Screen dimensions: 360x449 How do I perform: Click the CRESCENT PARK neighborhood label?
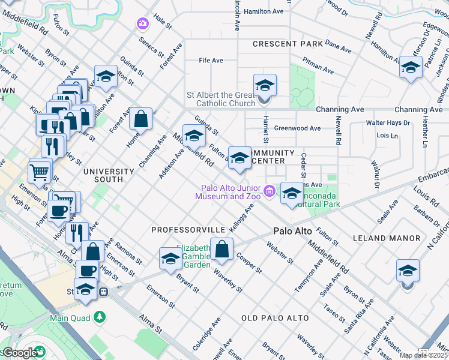[x=288, y=44]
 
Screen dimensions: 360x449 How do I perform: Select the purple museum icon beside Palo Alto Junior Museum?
[x=270, y=191]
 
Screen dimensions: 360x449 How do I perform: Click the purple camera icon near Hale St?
[x=143, y=23]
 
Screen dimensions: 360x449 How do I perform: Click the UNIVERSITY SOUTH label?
[x=103, y=175]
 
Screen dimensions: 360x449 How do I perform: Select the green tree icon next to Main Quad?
[x=98, y=316]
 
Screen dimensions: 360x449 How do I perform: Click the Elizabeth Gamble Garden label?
[x=193, y=256]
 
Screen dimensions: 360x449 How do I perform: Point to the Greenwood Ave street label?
[x=297, y=128]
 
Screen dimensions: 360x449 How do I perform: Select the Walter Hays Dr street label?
[x=388, y=123]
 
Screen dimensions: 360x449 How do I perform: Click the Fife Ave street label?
[x=211, y=61]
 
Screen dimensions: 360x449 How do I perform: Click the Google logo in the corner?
[x=19, y=353]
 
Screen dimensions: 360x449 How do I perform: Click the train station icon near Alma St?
[x=104, y=292]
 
